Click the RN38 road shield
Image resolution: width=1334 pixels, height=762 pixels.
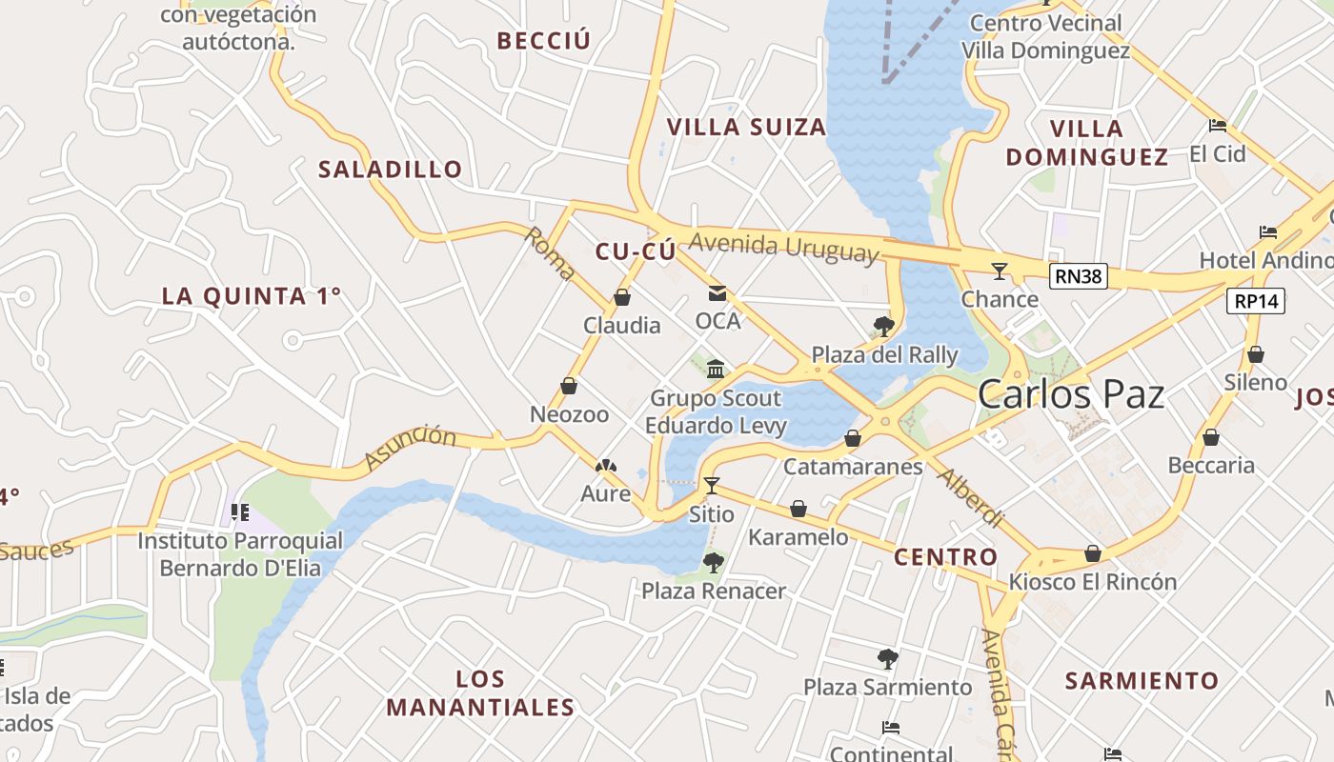(1079, 276)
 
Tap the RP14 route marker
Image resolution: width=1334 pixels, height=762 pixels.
(1257, 301)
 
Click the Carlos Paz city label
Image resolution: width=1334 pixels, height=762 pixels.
(1071, 393)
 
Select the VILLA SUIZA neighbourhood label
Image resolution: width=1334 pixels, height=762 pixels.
(746, 127)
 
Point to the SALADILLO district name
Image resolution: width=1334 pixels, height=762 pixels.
(391, 170)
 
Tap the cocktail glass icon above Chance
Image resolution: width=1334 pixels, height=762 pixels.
(999, 271)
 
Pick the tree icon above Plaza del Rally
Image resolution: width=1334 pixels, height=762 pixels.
(883, 327)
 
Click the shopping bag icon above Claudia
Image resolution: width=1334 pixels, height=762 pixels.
(622, 297)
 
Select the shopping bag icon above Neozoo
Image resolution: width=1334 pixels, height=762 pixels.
(569, 386)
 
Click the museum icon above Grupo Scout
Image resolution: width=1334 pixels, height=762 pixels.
(716, 369)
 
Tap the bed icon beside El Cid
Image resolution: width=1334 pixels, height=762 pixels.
(1217, 125)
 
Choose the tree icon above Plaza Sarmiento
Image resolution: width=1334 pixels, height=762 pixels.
(887, 658)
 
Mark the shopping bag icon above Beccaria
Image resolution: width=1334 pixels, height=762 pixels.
(1210, 437)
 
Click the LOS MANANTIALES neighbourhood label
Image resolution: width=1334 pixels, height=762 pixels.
(481, 693)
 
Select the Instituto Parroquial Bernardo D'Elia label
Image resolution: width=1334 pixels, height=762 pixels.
(240, 554)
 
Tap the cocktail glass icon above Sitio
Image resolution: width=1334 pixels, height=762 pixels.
(711, 486)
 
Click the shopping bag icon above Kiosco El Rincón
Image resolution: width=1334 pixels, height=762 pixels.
(1093, 553)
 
